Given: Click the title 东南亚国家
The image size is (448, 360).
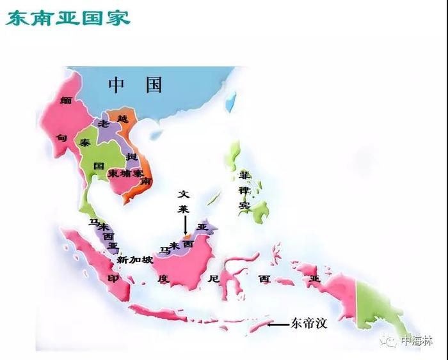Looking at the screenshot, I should point(68,17).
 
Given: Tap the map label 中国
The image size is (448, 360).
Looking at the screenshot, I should point(136,84).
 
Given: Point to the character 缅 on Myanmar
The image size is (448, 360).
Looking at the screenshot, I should point(65,100).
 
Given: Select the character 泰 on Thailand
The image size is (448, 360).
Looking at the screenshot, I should point(85,143).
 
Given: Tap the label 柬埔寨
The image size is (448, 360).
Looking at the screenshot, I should point(125,173).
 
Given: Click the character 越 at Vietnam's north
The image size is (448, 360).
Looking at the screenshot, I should point(123,118).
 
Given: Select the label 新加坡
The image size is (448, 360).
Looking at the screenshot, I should point(135,260).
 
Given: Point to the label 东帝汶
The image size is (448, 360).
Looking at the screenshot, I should point(309,324).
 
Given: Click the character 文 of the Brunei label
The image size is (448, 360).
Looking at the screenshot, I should point(184,192).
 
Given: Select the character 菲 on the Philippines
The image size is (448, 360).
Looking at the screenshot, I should point(244,175).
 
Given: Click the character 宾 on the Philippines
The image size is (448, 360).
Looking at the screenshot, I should point(244,205).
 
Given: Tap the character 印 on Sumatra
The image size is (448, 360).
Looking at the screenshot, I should point(113,279).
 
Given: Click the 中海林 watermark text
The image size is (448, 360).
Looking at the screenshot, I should point(416,341).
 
